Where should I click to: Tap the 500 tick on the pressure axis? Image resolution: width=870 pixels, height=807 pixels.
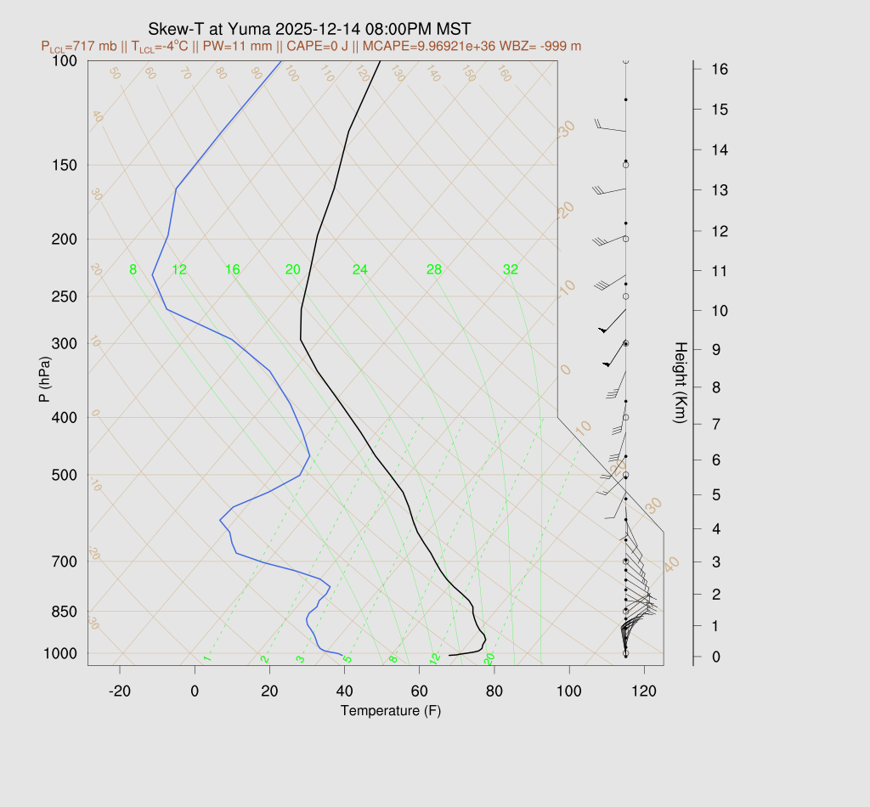[x=65, y=475]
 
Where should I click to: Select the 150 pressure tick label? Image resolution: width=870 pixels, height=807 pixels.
[x=65, y=165]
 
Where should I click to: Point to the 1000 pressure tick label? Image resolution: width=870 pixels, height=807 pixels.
[x=62, y=653]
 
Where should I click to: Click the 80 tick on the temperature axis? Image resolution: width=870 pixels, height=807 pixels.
[x=494, y=691]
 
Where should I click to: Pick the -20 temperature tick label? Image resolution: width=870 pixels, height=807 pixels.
[x=120, y=691]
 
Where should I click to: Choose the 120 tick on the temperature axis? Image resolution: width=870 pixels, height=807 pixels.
[x=644, y=691]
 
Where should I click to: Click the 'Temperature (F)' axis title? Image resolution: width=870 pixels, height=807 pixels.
[x=391, y=710]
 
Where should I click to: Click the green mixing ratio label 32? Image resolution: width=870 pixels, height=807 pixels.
[x=510, y=270]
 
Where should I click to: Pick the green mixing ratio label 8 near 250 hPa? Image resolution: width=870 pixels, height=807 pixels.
[x=133, y=270]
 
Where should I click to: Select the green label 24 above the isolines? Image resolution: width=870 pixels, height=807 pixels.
[x=360, y=270]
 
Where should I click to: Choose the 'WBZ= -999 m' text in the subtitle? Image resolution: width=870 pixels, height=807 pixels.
[x=541, y=46]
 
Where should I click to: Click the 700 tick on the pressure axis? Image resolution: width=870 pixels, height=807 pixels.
[x=65, y=562]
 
